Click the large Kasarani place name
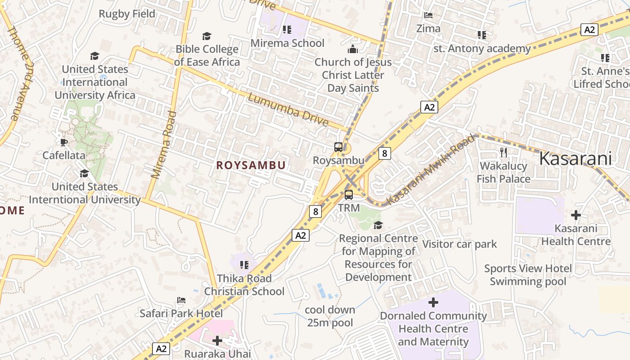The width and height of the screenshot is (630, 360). (576, 158)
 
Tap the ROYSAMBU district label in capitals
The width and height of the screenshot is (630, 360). (251, 165)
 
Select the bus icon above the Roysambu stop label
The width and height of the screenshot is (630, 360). (338, 147)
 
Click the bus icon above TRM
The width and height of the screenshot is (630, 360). (349, 195)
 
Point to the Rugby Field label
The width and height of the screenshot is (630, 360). (127, 14)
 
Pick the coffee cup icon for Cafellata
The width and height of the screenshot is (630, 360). (64, 142)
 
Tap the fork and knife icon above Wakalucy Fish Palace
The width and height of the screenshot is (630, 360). (504, 153)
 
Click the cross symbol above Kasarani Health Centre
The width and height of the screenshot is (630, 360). (576, 215)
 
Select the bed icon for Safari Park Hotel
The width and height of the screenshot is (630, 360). (181, 300)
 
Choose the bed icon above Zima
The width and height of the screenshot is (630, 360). (428, 15)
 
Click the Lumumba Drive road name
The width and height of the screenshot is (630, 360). (288, 110)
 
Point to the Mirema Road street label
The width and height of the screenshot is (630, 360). (163, 144)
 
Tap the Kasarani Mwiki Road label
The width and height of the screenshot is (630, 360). (431, 169)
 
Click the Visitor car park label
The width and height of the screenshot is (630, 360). (459, 244)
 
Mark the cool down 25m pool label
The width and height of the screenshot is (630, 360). (330, 316)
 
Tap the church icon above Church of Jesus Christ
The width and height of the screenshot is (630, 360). (353, 49)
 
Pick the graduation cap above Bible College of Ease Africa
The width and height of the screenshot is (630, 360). (207, 36)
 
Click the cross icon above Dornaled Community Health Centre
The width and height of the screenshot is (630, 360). (433, 302)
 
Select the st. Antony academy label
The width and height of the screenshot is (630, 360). (482, 48)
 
